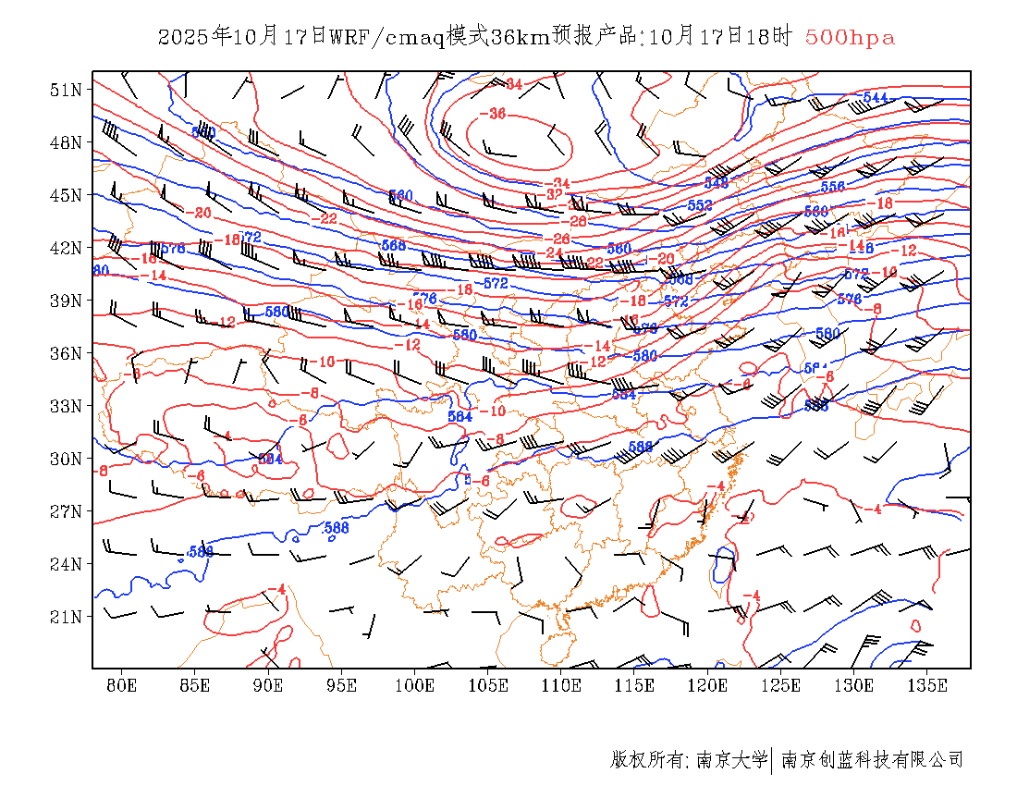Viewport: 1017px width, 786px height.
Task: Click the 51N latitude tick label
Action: click(x=67, y=90)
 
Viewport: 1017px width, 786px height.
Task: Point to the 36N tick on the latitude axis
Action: click(x=67, y=353)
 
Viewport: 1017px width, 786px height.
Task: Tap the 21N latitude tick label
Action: click(x=67, y=617)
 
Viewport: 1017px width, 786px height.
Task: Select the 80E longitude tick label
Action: click(x=121, y=685)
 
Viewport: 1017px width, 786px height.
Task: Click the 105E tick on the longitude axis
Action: click(x=488, y=685)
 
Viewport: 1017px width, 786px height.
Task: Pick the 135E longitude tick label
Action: click(x=927, y=685)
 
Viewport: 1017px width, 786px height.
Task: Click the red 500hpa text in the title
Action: click(x=850, y=38)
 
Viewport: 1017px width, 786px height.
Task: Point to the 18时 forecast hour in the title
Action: click(x=770, y=38)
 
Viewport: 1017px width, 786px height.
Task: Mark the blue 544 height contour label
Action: click(x=874, y=97)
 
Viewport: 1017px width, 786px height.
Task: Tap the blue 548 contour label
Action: click(x=717, y=183)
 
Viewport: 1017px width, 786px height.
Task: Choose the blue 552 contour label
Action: click(x=700, y=205)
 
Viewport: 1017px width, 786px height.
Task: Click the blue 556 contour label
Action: click(x=832, y=187)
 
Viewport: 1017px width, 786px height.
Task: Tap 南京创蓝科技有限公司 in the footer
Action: click(x=872, y=760)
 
